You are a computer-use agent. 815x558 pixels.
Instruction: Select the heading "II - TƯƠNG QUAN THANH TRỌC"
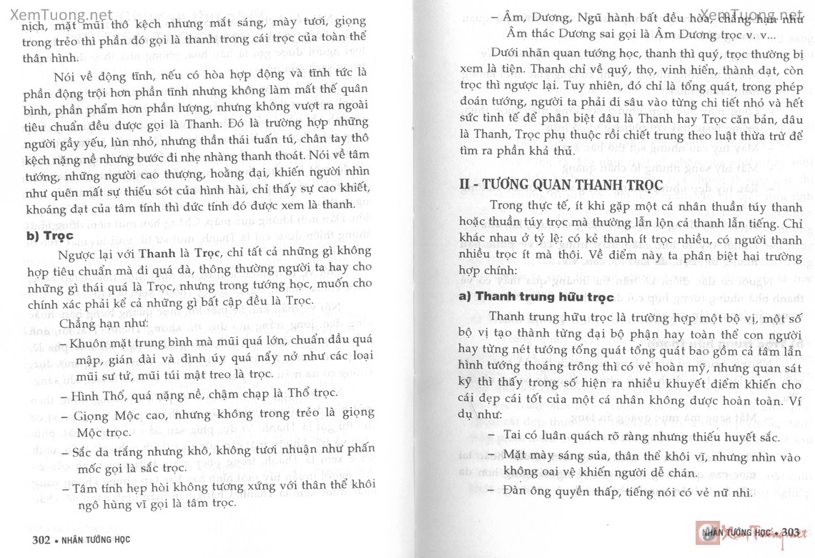561,184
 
